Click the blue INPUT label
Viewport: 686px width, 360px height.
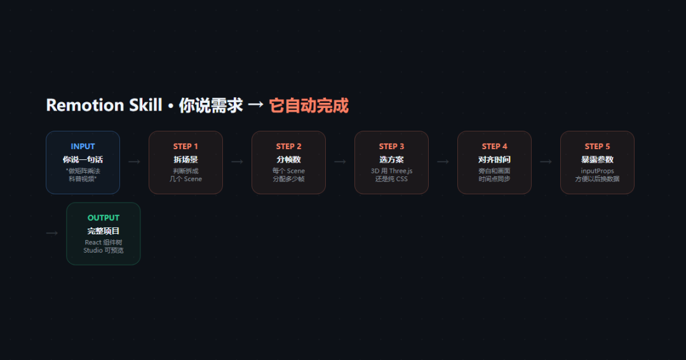(83, 147)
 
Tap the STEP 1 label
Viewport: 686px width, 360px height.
(185, 147)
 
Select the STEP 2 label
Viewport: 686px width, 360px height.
(289, 147)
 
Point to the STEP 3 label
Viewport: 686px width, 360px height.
(391, 147)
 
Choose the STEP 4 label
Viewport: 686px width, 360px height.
(494, 147)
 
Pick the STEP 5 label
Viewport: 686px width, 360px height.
(597, 147)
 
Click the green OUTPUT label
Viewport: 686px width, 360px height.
(104, 218)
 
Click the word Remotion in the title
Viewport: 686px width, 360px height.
(85, 105)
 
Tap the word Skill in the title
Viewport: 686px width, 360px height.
(145, 105)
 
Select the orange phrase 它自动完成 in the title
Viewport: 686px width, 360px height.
(309, 106)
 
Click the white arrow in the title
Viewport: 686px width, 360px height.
(255, 105)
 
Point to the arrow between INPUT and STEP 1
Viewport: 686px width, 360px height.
(134, 162)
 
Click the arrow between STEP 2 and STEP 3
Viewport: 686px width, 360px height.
(340, 162)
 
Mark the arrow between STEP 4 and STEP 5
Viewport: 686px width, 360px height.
(546, 162)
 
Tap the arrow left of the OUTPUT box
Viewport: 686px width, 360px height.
(52, 233)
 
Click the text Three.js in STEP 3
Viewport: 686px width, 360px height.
(401, 171)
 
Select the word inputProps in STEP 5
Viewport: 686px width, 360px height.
(597, 171)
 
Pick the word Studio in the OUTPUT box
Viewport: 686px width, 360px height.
(93, 250)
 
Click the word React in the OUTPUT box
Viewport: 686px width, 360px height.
(93, 243)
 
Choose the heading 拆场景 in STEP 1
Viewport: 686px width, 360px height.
(185, 159)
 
